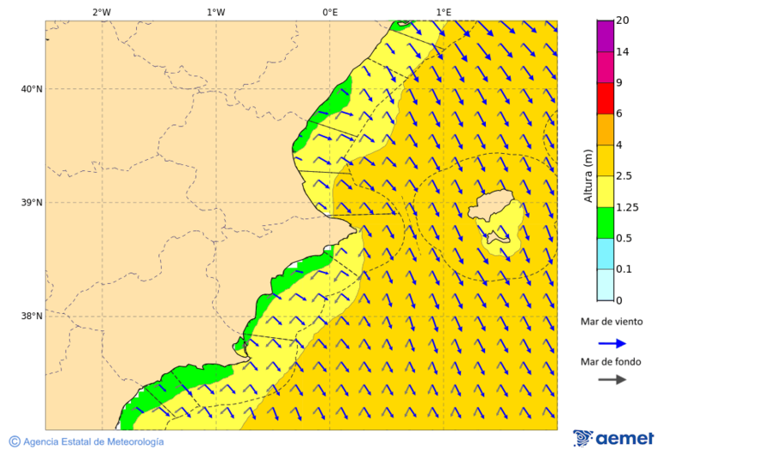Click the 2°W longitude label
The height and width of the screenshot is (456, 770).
101,12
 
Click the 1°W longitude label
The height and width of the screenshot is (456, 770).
216,12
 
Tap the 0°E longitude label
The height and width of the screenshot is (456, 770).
329,12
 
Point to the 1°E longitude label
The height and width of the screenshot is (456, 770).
443,12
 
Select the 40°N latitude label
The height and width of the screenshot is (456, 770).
32,89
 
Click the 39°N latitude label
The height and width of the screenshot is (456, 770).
32,203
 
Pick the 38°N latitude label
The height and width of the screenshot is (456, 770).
32,317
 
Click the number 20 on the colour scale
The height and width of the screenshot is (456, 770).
622,21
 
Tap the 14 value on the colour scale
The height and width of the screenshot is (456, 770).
622,52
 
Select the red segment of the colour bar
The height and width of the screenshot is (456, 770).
605,98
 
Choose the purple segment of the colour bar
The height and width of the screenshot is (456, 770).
605,36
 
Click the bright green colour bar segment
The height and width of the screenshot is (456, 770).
605,222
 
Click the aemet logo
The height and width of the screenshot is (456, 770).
613,439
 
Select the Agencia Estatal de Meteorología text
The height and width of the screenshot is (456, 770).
92,441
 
